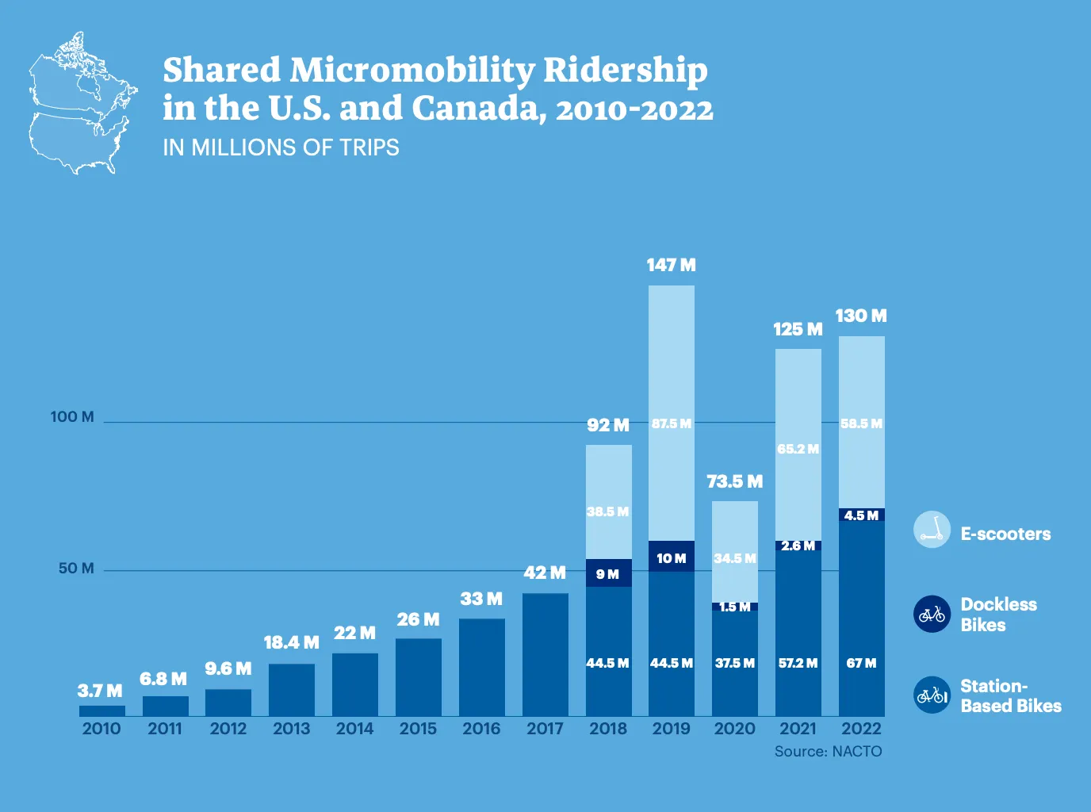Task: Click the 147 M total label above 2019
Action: [x=671, y=265]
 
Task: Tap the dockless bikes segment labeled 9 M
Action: [x=608, y=573]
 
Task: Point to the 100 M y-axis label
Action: [x=72, y=416]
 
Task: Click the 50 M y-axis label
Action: [x=76, y=568]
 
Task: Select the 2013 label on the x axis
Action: [x=291, y=728]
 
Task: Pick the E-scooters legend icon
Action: [x=932, y=530]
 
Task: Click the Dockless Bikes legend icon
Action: [x=932, y=615]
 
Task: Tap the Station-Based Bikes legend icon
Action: [x=932, y=695]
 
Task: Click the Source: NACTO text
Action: [x=828, y=751]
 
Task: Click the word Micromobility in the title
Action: [x=412, y=71]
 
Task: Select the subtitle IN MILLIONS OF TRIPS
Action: [x=281, y=147]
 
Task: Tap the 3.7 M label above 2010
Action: [x=100, y=691]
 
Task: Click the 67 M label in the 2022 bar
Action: [x=861, y=663]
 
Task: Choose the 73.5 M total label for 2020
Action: [x=734, y=481]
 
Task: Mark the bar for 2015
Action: [x=419, y=677]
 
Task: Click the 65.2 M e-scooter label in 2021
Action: [x=798, y=449]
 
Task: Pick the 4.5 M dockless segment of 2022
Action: [x=861, y=515]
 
